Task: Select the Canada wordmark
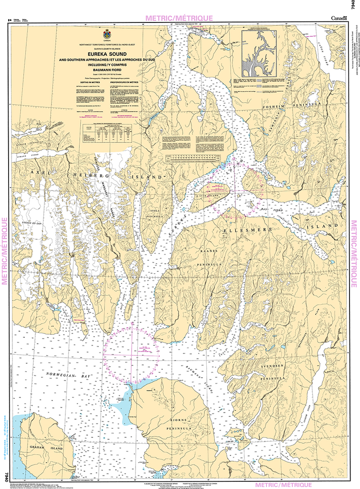[339, 18]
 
